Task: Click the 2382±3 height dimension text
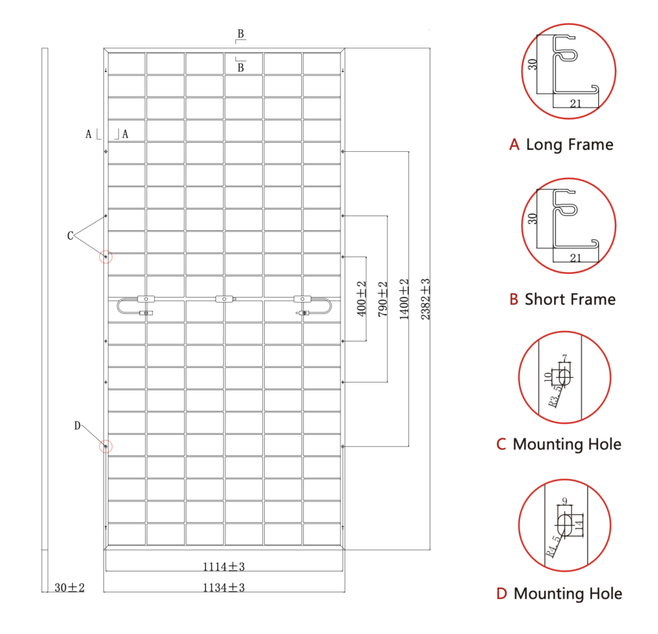pos(425,298)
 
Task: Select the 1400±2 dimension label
pos(404,298)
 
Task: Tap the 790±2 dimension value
pos(383,298)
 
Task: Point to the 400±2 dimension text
pos(361,298)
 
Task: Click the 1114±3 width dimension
pos(224,566)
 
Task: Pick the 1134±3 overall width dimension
pos(224,588)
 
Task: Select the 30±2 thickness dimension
pos(69,588)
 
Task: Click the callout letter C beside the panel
pos(70,235)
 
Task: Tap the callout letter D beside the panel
pos(77,426)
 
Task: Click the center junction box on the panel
pos(224,299)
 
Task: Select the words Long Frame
pos(569,145)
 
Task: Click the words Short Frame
pos(570,300)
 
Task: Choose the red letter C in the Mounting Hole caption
pos(501,444)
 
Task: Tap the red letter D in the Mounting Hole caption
pos(501,593)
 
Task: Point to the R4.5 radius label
pos(552,547)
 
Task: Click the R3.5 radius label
pos(555,396)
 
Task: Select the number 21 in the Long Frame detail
pos(576,104)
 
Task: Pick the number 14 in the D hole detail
pos(579,525)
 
